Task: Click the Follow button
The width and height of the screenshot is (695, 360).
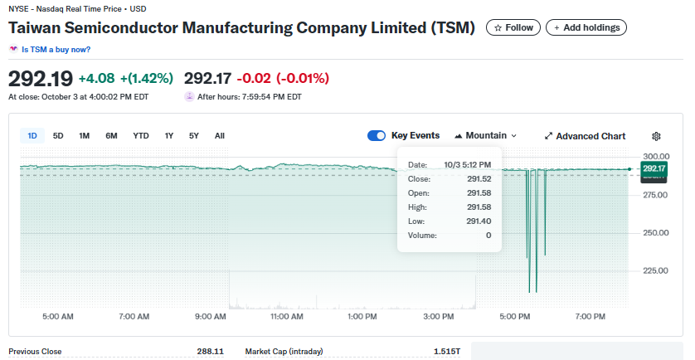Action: (513, 27)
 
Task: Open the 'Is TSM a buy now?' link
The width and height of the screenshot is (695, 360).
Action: (56, 50)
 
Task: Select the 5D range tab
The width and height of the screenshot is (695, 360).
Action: (58, 136)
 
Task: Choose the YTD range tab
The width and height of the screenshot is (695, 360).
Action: (141, 136)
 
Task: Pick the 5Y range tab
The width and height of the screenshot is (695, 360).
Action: (194, 136)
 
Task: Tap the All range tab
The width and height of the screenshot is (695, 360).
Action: (219, 136)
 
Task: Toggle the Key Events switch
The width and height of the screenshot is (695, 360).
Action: (377, 136)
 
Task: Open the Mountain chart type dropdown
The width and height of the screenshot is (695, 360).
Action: (485, 136)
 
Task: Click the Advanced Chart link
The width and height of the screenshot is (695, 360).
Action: (585, 136)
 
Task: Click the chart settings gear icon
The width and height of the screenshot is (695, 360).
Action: (656, 136)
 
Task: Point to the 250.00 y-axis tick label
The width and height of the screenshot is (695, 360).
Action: (656, 232)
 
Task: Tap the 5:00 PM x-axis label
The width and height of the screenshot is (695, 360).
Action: (515, 316)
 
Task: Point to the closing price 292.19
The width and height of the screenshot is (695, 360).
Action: (40, 79)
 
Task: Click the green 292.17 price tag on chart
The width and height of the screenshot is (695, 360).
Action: (654, 168)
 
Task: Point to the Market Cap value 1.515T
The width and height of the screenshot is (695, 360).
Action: (446, 352)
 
